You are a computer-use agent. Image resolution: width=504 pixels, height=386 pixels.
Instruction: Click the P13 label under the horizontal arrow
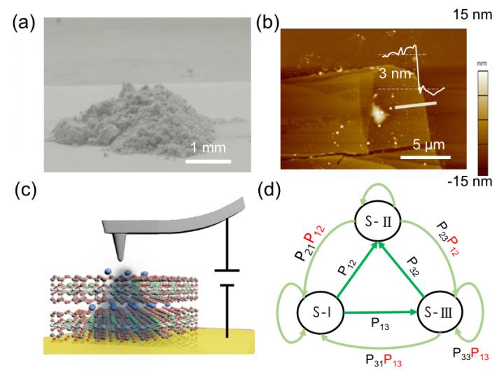(x=379, y=325)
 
